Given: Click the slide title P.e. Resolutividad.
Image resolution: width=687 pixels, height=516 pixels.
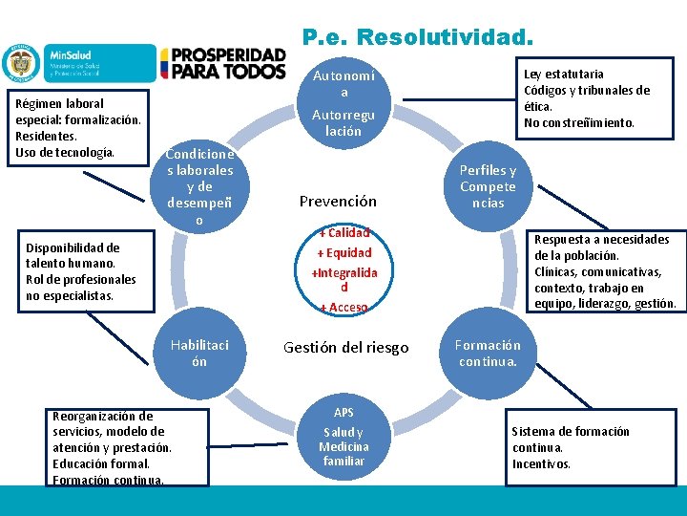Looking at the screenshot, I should point(418,37).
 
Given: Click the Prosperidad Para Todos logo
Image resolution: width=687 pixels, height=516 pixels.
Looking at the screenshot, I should point(222,64).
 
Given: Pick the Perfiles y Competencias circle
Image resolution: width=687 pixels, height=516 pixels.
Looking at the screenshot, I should point(487,187).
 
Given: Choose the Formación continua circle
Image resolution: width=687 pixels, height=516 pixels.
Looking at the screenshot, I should point(487,353).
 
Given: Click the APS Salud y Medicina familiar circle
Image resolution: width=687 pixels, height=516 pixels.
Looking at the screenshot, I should point(343,438).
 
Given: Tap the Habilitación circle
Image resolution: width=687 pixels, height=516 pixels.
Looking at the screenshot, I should point(199,353).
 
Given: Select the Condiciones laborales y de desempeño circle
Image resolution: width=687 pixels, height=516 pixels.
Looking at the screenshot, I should point(199,187).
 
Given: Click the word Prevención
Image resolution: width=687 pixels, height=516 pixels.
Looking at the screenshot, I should point(338,201).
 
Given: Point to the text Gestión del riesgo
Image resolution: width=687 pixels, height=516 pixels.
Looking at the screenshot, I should point(345,347).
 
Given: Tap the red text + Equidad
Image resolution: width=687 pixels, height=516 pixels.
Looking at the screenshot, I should point(343,252).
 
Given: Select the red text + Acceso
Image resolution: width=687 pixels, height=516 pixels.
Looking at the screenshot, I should point(343,307).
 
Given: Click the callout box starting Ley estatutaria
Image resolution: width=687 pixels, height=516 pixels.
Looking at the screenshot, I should point(587,97).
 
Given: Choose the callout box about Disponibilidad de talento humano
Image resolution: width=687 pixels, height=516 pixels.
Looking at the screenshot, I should point(81,271).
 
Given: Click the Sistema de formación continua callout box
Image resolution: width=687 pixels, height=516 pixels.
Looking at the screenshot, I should point(571,447).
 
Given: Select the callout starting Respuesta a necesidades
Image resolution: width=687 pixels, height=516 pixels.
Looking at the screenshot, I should point(605,271).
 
